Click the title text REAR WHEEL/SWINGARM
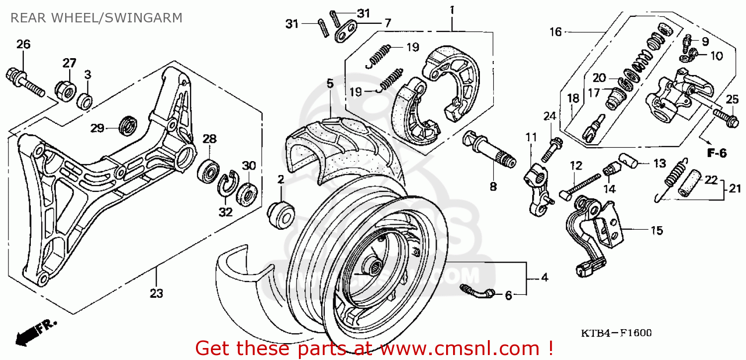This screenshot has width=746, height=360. pyautogui.click(x=96, y=18)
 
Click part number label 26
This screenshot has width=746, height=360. pyautogui.click(x=23, y=45)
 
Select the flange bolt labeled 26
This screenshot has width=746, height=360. pyautogui.click(x=25, y=83)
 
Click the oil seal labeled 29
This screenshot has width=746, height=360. pyautogui.click(x=129, y=125)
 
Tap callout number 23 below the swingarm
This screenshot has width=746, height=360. pyautogui.click(x=156, y=294)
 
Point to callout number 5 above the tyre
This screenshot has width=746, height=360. pyautogui.click(x=330, y=83)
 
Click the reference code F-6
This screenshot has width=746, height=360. pyautogui.click(x=717, y=154)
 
